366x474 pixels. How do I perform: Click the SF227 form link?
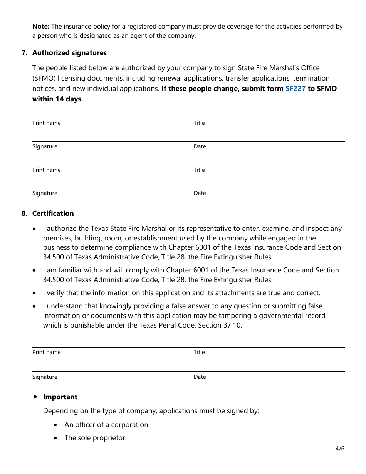(295, 89)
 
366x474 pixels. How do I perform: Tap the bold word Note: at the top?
(41, 27)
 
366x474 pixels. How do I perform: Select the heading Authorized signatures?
(69, 53)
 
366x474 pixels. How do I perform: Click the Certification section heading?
(53, 213)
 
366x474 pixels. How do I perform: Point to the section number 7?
(24, 53)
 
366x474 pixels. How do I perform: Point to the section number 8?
(24, 213)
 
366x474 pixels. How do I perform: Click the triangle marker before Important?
(35, 397)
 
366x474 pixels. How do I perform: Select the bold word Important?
(60, 397)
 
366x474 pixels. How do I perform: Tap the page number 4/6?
(340, 449)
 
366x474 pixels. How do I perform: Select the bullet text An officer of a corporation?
(107, 425)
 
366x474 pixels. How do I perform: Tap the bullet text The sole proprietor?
(96, 438)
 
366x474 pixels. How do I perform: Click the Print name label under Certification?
(47, 352)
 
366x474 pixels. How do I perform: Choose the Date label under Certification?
(200, 377)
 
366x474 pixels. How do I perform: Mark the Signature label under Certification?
(45, 377)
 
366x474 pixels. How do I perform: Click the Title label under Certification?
(199, 352)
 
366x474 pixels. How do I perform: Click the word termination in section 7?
(311, 78)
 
